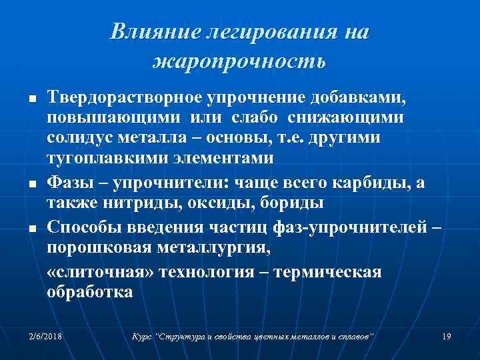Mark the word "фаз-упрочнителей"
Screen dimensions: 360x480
pyautogui.click(x=349, y=227)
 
